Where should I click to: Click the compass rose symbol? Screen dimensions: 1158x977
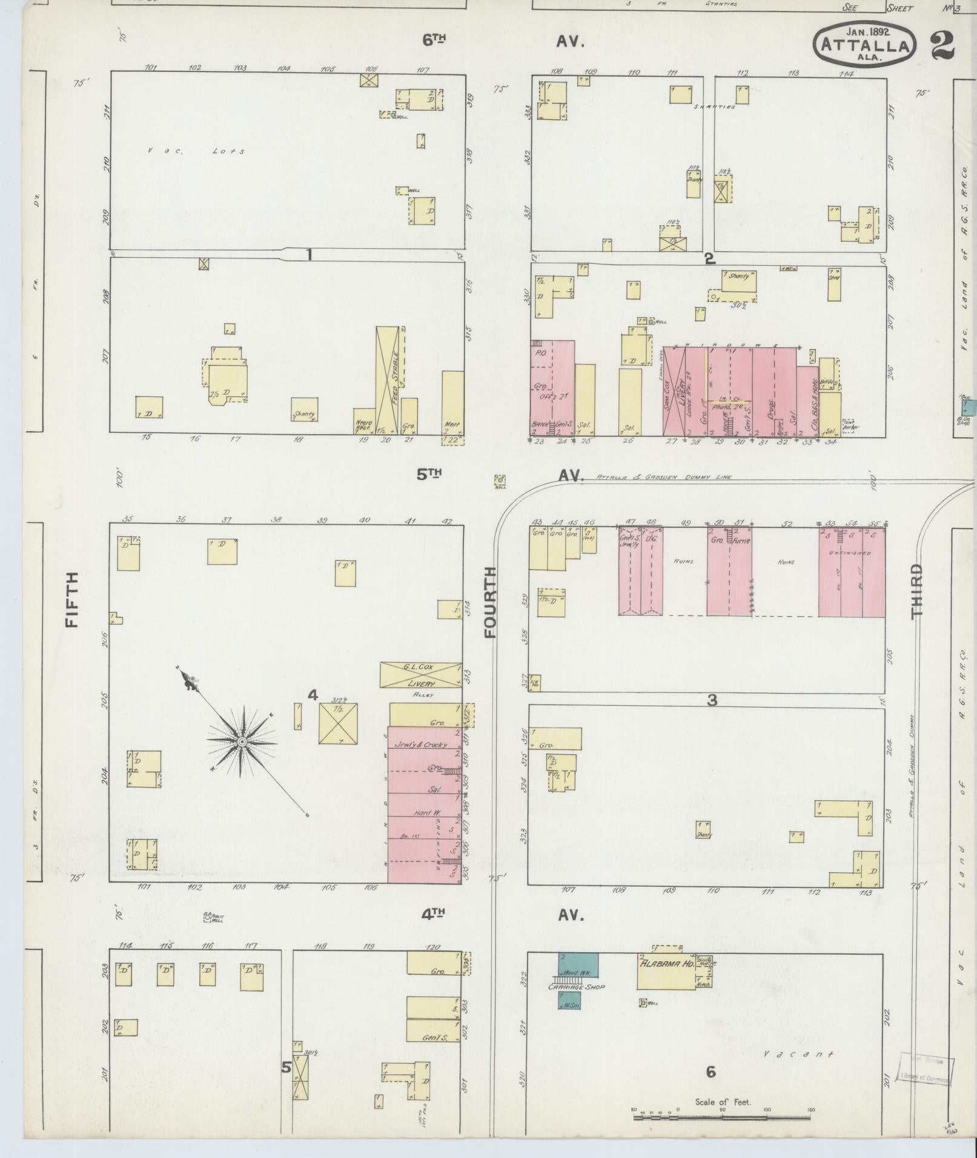[241, 742]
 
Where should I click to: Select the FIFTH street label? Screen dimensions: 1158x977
[73, 600]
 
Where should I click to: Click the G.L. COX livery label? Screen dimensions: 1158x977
[421, 674]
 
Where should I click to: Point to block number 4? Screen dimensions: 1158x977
[313, 696]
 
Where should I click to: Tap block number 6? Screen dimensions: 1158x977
[711, 1072]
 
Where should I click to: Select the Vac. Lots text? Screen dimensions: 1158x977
[196, 151]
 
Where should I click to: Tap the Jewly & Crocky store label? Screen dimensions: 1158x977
[420, 745]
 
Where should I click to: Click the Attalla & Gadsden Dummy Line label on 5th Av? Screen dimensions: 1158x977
[664, 477]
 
